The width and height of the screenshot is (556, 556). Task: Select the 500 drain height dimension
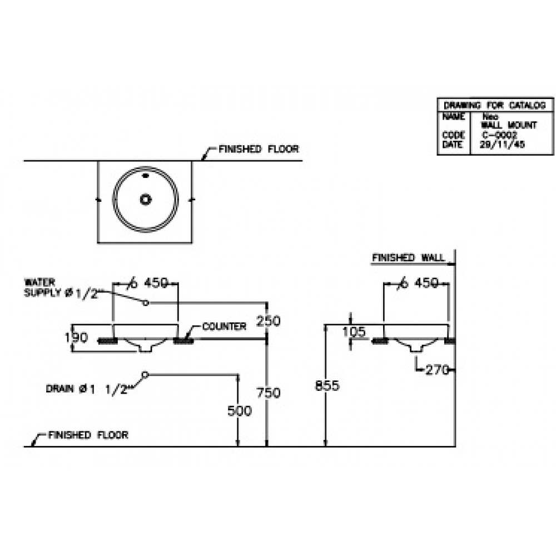coord(240,411)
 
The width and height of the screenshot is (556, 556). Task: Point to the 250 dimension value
coord(268,321)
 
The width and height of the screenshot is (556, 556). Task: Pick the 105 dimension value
coord(355,332)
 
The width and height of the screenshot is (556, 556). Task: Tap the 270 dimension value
coord(438,370)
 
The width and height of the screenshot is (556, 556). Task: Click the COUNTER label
coord(224,326)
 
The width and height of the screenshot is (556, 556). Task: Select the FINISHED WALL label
coord(408,258)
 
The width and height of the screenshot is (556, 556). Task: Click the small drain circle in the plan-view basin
coord(146,198)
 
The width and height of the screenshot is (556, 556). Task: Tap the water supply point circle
coord(146,303)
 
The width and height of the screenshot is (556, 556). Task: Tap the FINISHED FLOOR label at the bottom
coord(88,435)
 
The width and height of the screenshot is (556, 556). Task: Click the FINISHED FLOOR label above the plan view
coord(259,149)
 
